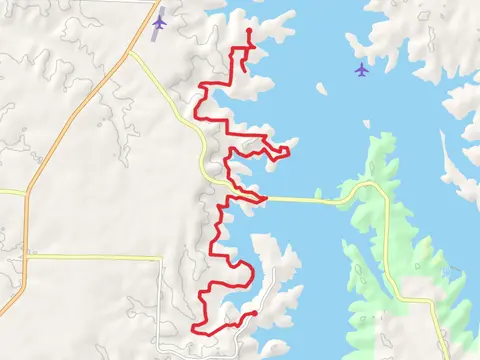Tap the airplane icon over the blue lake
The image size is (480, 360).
[x=361, y=69]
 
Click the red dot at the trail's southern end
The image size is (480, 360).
[x=255, y=314]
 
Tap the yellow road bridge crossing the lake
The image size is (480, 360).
[x=305, y=200]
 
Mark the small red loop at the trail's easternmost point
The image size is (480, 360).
[x=282, y=152]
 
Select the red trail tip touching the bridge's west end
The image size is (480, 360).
[x=264, y=199]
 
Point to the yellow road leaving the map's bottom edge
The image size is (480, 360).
[x=440, y=355]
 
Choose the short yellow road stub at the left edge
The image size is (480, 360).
[x=8, y=191]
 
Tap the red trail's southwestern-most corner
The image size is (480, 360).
[x=193, y=329]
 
